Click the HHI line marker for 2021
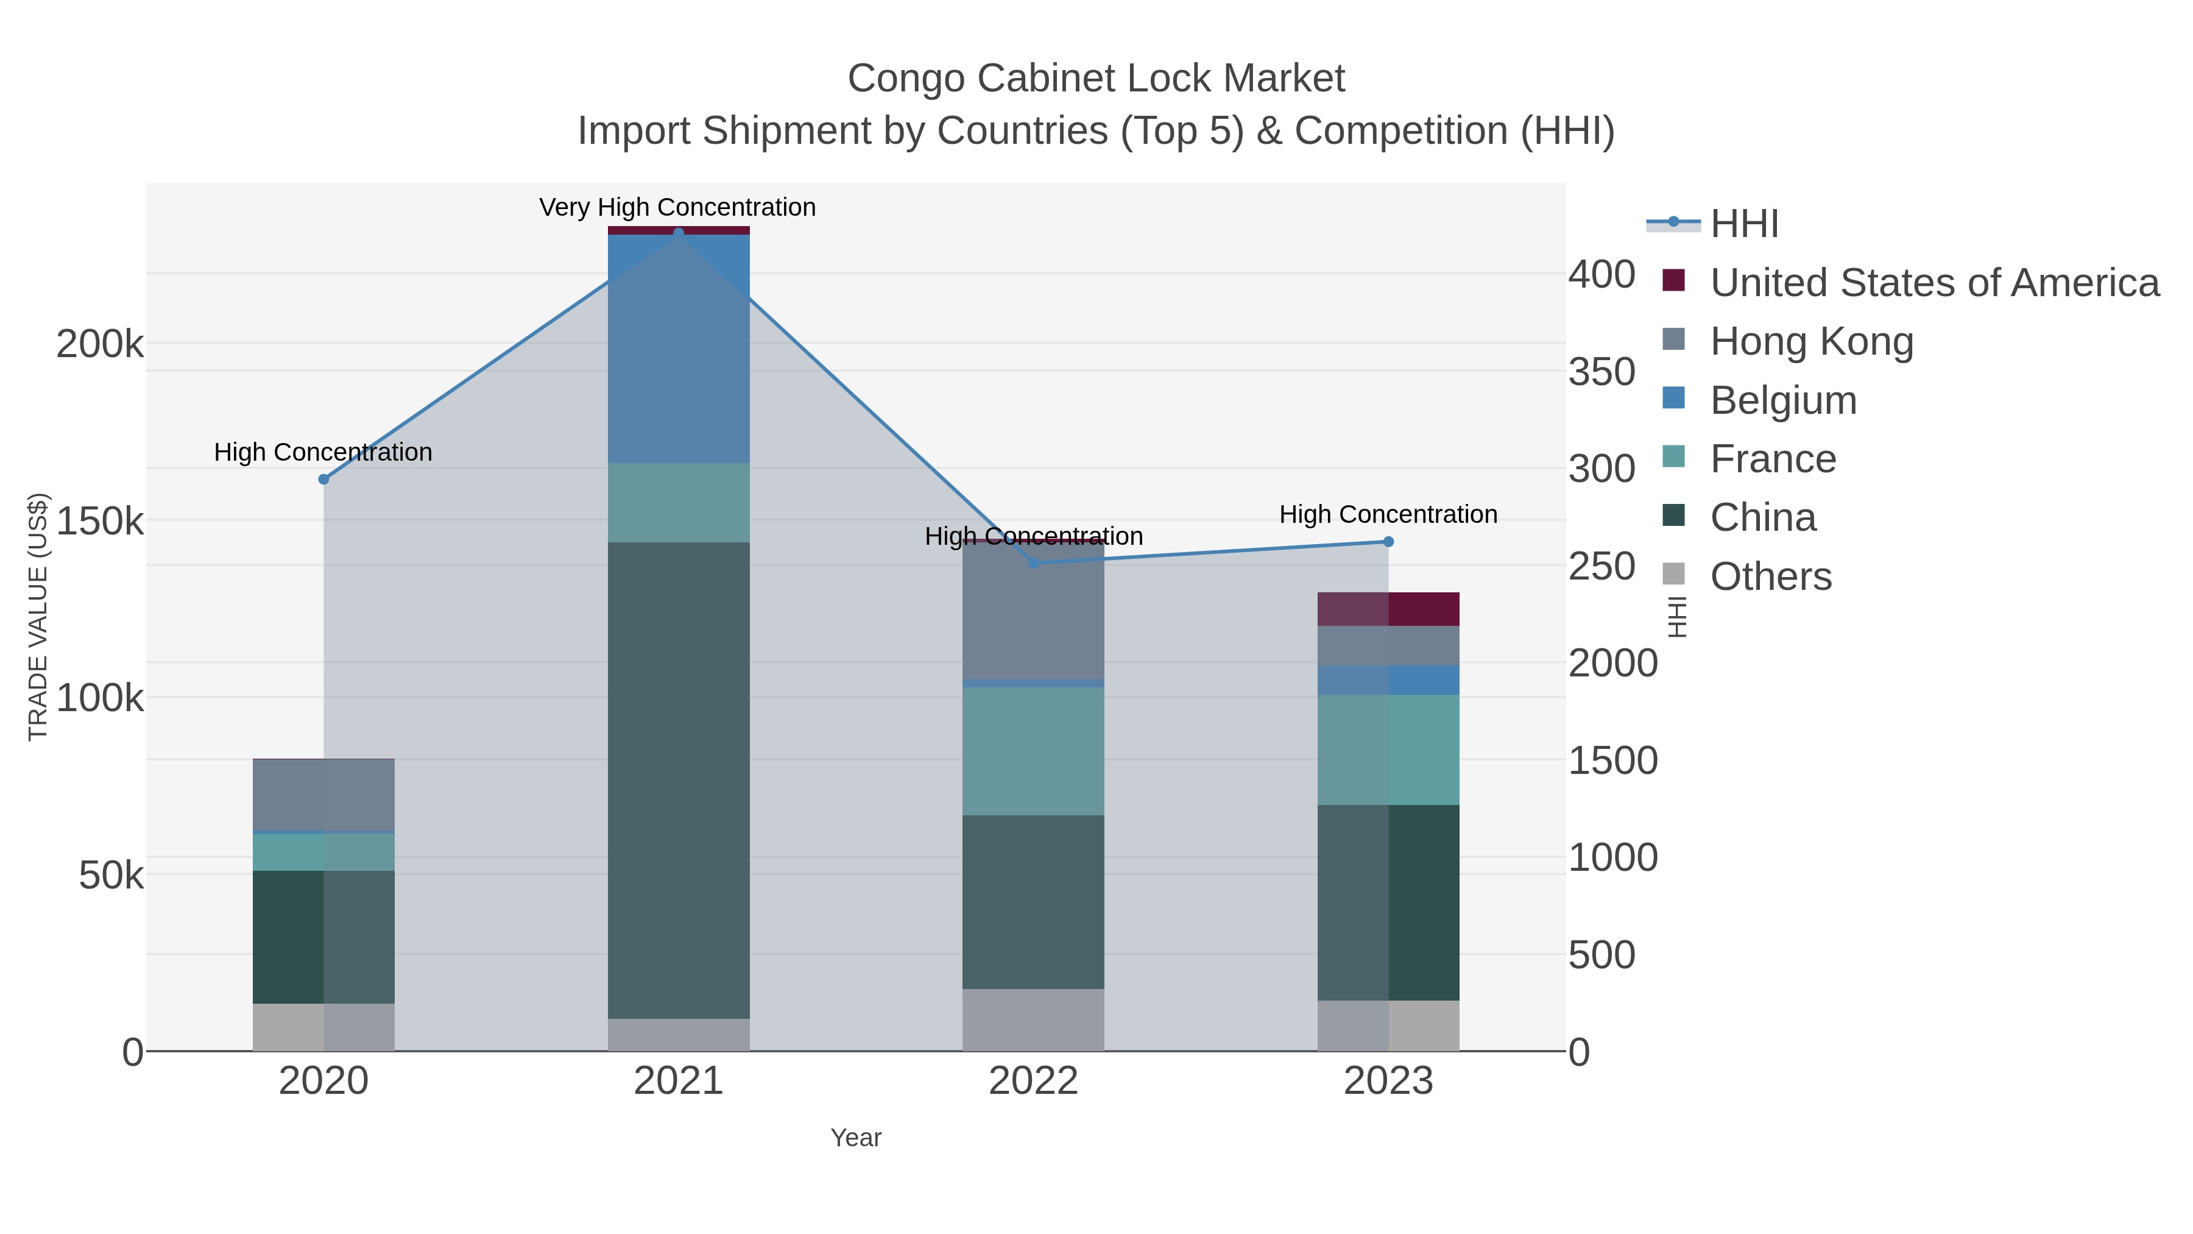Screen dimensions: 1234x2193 point(679,233)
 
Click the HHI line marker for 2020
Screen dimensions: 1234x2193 point(323,480)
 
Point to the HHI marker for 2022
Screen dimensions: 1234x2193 point(1034,563)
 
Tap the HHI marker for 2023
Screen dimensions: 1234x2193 point(1388,542)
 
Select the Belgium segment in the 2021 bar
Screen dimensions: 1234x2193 point(679,349)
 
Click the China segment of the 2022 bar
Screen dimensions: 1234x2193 point(1034,902)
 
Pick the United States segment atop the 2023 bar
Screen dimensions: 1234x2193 point(1388,609)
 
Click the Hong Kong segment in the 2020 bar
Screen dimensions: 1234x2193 point(323,795)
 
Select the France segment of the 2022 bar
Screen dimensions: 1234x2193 point(1034,751)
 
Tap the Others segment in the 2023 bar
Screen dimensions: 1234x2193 point(1388,1026)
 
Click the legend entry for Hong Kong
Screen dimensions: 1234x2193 point(1811,341)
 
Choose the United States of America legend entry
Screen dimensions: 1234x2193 point(1933,283)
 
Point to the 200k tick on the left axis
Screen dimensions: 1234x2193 point(100,345)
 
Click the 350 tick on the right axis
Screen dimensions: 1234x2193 point(1601,372)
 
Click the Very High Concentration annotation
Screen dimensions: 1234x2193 point(677,207)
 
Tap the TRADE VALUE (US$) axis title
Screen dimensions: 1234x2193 point(38,617)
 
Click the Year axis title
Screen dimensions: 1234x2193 point(856,1138)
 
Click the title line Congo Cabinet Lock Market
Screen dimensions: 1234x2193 point(1096,79)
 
